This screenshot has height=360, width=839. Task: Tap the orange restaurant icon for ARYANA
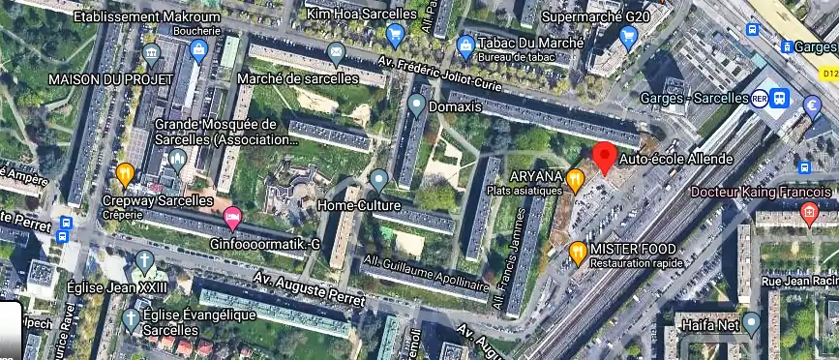coord(576,178)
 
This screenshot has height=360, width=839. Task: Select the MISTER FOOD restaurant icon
coord(578,252)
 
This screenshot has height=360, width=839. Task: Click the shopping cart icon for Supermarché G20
coord(629,37)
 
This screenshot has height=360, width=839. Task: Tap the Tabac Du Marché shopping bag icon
coord(466,45)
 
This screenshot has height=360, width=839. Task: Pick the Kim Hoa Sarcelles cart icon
coord(394,36)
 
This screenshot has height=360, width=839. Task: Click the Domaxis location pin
coord(416,104)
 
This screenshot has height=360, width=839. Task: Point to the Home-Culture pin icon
coord(378,179)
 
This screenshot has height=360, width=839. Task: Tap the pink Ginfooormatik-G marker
coord(231,217)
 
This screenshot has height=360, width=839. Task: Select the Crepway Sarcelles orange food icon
coord(124,174)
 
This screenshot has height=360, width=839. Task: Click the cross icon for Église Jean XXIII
coord(144,260)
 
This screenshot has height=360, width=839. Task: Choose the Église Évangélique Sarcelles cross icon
coord(130,316)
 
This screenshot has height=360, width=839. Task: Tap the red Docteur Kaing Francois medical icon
coord(811,212)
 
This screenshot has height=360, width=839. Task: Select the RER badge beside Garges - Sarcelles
coord(761,99)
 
